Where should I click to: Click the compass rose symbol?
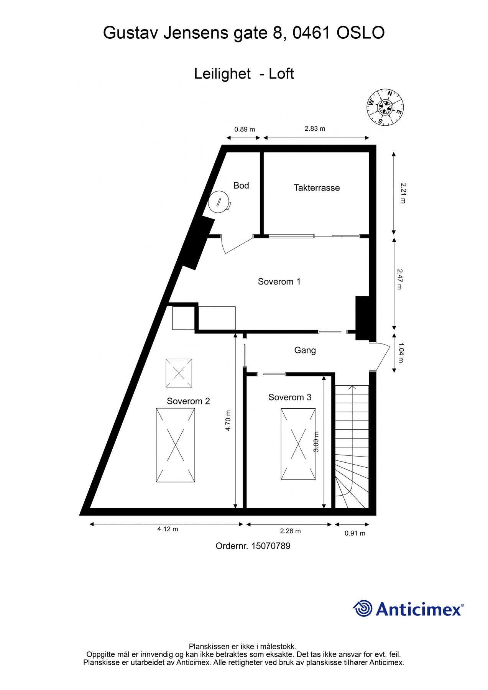384,107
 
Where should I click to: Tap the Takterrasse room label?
317,188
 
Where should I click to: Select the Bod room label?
241,186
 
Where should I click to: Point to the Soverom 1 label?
279,282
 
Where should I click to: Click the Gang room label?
305,350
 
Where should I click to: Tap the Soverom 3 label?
290,397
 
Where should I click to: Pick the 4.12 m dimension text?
168,529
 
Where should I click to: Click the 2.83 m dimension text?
315,129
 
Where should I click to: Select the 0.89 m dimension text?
245,129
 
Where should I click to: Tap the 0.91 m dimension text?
355,533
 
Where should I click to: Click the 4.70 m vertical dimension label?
228,421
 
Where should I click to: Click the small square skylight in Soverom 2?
179,373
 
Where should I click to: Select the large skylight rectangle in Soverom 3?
298,444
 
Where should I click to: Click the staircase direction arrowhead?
352,388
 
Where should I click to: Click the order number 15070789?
271,546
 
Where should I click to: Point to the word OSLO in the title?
360,33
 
